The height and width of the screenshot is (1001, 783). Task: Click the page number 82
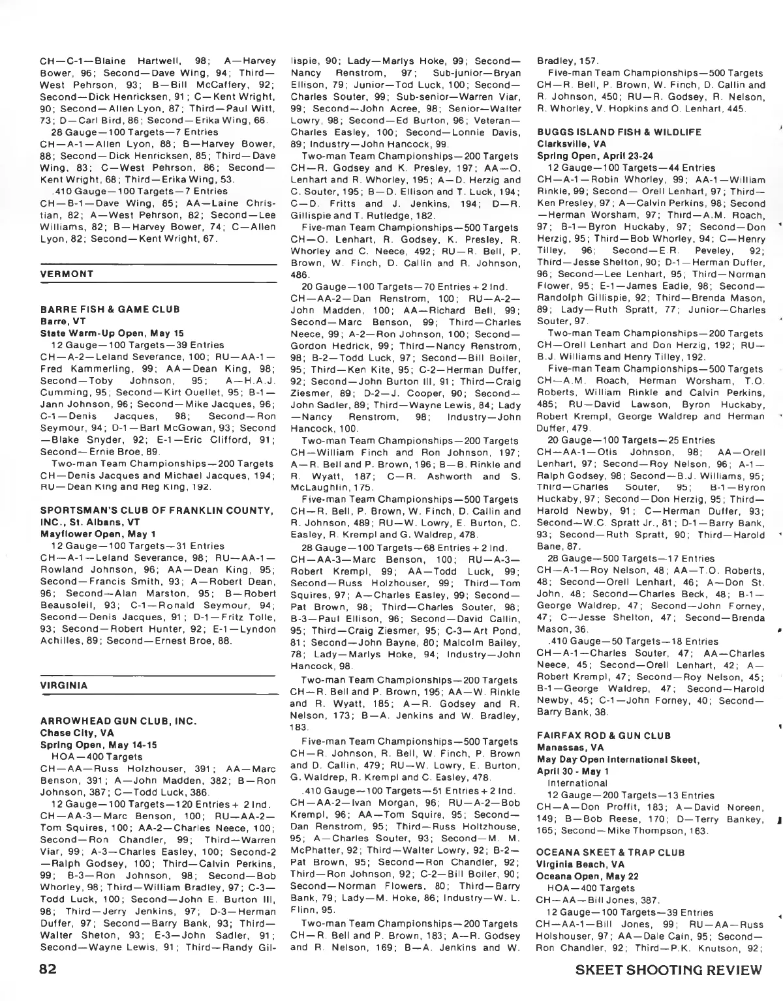(50, 968)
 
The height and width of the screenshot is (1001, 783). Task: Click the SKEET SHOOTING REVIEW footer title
(669, 969)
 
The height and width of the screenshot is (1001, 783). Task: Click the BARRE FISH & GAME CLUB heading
(110, 309)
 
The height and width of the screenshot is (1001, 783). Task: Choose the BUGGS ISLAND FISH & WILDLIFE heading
(610, 132)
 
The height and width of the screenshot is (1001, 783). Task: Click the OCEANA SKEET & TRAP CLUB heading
(610, 852)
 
